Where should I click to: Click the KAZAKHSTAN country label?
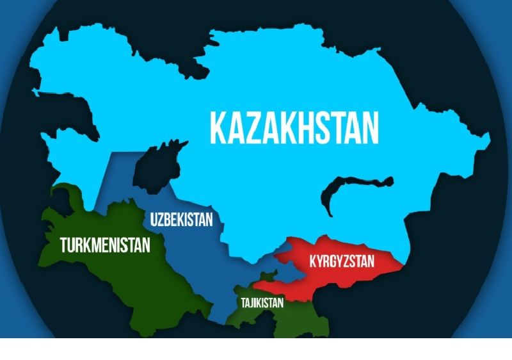pos(294,128)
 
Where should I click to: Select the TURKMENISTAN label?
pos(105,244)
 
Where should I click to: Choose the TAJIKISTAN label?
pos(262,303)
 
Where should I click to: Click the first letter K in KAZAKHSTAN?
pos(220,128)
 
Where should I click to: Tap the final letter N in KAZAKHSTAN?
pos(368,128)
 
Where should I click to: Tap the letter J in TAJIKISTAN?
pos(252,303)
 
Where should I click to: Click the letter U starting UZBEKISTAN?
pos(154,220)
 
